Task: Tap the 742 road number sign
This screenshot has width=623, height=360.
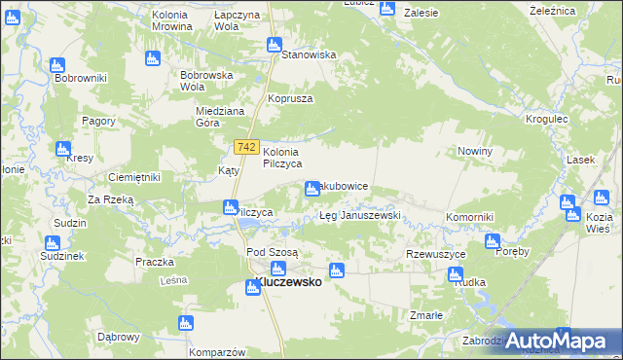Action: [246, 147]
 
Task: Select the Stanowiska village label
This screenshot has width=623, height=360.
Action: [308, 55]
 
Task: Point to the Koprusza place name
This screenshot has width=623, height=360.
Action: [289, 98]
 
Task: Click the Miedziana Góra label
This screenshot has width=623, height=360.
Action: [220, 117]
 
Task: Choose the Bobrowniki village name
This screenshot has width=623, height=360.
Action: [81, 77]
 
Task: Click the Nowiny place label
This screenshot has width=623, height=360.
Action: [476, 152]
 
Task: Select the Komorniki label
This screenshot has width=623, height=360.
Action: [471, 215]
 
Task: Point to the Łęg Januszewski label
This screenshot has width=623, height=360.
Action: [360, 215]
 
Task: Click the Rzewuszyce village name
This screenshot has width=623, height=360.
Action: [435, 254]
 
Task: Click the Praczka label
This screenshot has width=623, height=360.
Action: [155, 262]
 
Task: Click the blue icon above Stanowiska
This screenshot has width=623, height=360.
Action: [275, 45]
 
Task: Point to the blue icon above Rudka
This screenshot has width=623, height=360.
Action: [455, 274]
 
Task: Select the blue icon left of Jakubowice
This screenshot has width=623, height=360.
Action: [312, 188]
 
